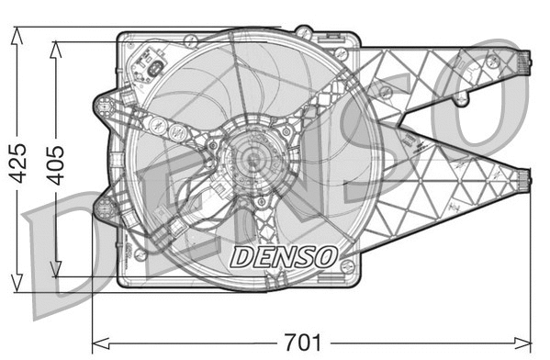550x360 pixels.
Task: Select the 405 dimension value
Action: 56,163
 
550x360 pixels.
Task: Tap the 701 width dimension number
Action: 304,343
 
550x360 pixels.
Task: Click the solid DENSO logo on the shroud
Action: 284,255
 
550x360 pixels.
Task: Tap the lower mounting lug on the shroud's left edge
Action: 104,206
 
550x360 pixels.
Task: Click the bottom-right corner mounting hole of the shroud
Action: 346,265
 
